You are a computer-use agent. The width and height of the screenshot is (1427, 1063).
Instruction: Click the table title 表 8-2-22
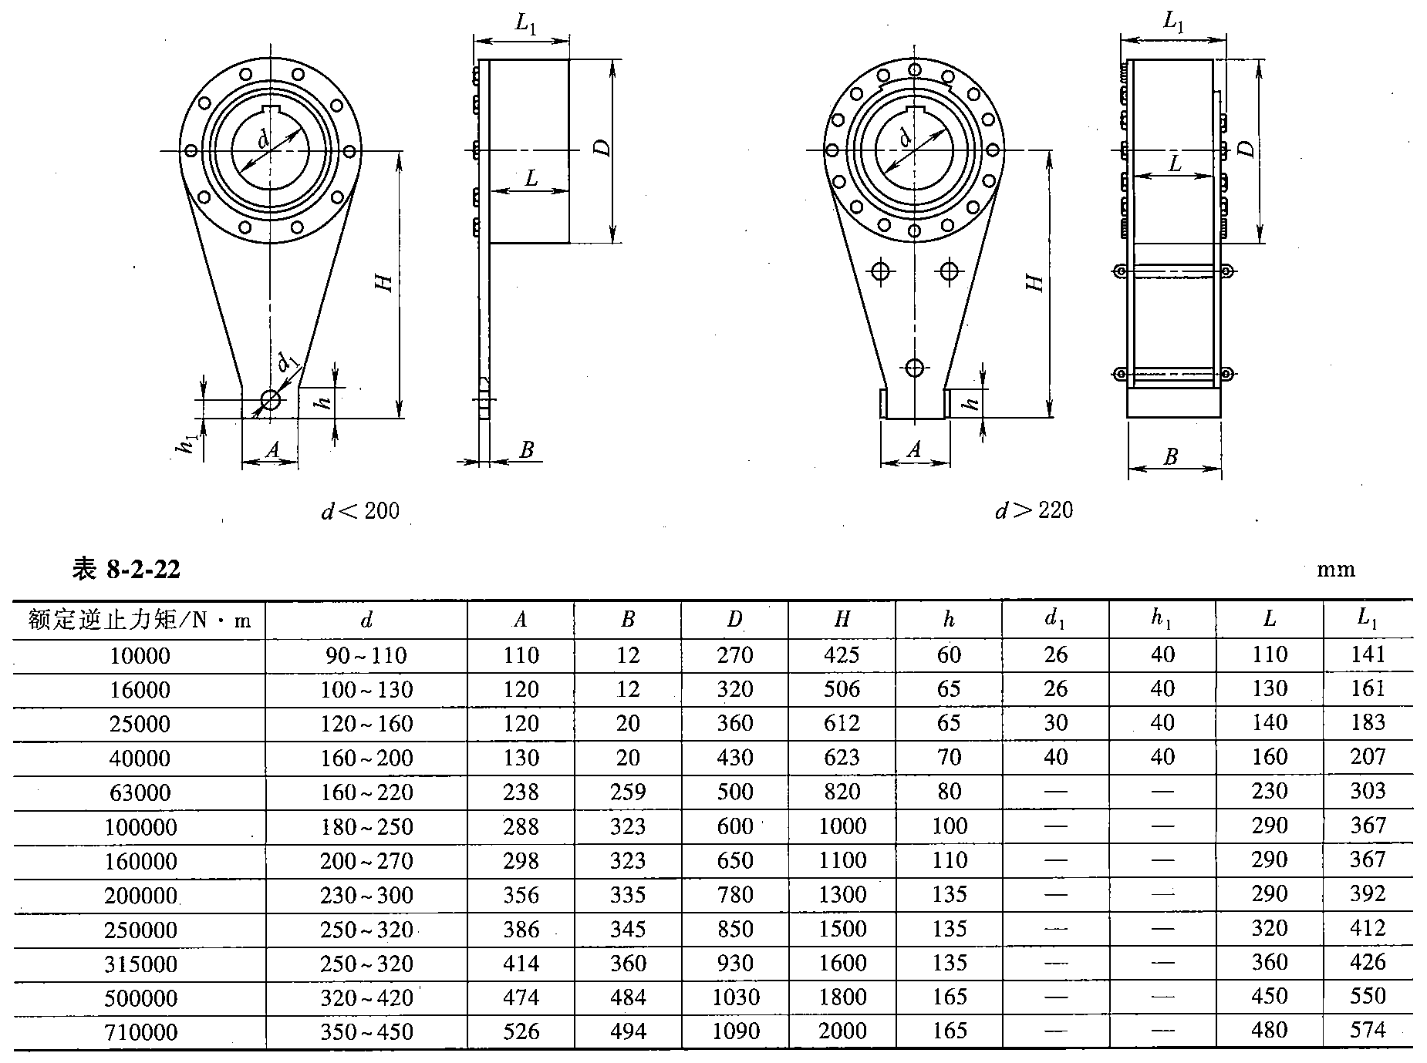tap(127, 569)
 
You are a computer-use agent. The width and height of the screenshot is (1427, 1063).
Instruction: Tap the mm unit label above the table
tap(1335, 570)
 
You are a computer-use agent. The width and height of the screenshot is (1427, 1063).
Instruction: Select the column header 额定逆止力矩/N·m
tap(140, 620)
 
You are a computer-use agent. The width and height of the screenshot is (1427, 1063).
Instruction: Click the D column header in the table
tap(734, 619)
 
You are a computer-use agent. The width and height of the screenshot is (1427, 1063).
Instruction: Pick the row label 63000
tap(140, 792)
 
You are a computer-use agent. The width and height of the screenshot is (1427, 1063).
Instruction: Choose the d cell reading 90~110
tap(366, 656)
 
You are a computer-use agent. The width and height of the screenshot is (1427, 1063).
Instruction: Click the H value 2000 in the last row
tap(842, 1031)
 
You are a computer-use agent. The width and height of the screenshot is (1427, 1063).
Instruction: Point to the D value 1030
tap(734, 997)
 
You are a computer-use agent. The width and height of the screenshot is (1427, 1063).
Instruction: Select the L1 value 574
tap(1368, 1030)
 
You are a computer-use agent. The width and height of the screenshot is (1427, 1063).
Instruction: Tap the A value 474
tap(521, 997)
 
